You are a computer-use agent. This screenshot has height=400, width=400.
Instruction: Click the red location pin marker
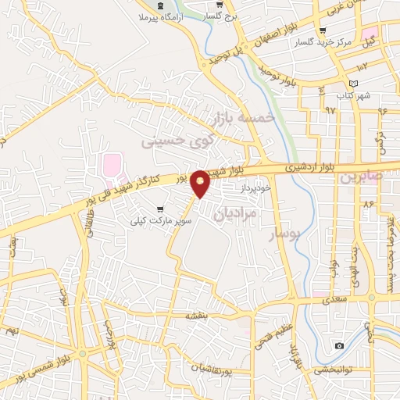point(201,183)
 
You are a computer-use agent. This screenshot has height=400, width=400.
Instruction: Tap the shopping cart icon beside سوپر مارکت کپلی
point(161,209)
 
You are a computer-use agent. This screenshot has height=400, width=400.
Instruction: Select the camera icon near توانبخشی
point(339,345)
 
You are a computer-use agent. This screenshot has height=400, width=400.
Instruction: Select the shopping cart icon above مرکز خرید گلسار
point(323,30)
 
